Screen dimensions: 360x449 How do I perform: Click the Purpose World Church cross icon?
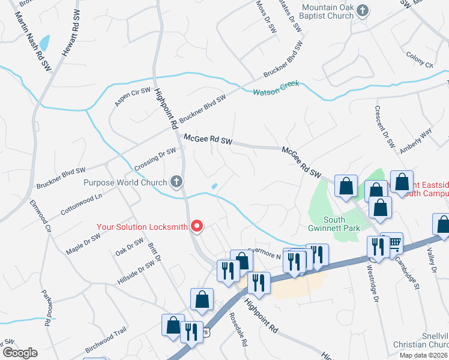coord(176,181)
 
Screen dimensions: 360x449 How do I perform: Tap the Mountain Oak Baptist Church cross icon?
coord(363,10)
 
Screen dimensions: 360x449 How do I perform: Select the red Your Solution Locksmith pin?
coord(196,226)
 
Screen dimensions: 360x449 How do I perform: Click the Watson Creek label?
coord(276,92)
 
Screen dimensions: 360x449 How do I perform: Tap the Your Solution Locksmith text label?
coord(143,227)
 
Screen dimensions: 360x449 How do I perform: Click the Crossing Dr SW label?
coord(155,159)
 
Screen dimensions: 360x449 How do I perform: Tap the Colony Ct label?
coord(420,61)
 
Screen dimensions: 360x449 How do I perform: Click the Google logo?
coord(19,353)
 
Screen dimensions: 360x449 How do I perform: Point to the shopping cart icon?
coord(395,242)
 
